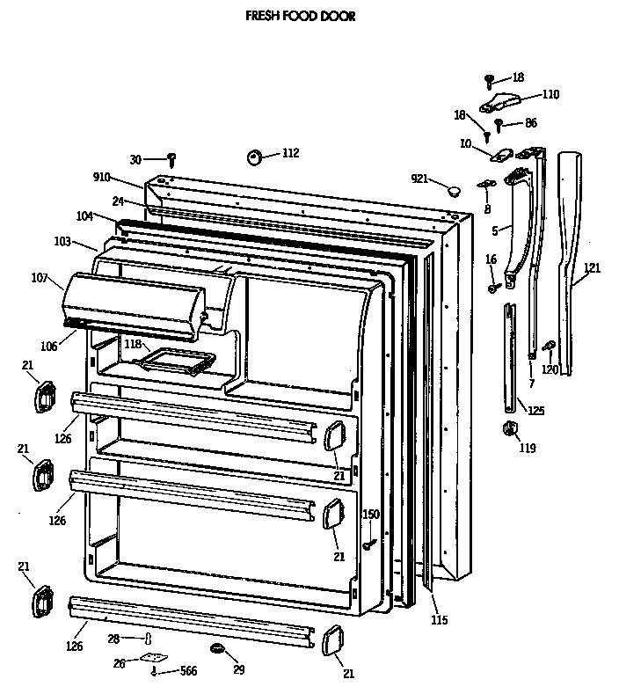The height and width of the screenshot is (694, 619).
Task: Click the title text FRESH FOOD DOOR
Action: [x=301, y=16]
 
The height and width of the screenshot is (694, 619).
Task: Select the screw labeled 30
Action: [x=173, y=160]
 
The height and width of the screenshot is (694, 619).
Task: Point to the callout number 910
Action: [x=101, y=177]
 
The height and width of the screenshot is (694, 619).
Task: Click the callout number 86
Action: [x=531, y=123]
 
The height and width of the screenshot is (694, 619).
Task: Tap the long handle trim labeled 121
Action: [x=570, y=264]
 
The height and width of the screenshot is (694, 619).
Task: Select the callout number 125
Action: [x=535, y=410]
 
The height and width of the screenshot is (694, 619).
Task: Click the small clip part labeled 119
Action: [x=508, y=428]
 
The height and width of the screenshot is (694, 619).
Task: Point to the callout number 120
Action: [x=549, y=369]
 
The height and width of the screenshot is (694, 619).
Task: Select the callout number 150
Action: [x=371, y=515]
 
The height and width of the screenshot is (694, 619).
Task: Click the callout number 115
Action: [x=439, y=620]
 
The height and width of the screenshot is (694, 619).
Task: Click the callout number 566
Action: [x=188, y=671]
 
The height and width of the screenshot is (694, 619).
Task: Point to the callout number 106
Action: [x=47, y=347]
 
